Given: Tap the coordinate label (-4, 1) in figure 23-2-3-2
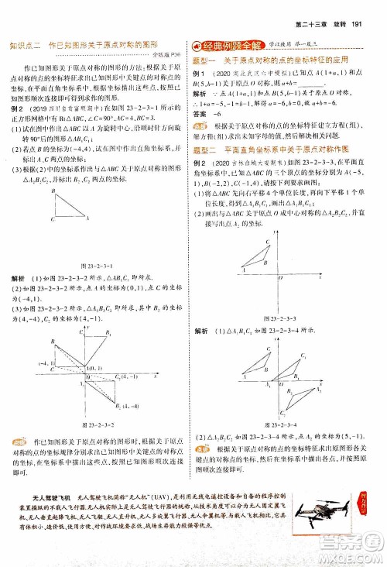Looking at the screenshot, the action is pos(44,363).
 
